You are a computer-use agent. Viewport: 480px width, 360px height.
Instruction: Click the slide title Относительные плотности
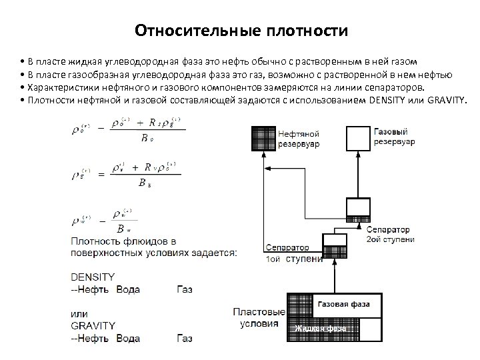click(x=241, y=31)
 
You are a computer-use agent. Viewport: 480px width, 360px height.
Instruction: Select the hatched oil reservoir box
click(x=262, y=138)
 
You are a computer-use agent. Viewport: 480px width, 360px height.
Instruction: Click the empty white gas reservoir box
click(x=358, y=138)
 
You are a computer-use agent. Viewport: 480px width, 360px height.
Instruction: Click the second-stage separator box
click(x=358, y=209)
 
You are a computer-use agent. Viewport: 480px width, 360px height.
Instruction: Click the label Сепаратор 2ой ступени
click(x=390, y=233)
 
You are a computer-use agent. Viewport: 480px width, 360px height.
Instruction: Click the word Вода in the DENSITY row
click(x=129, y=288)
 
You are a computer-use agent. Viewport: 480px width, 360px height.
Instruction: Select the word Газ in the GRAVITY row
click(x=185, y=338)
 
